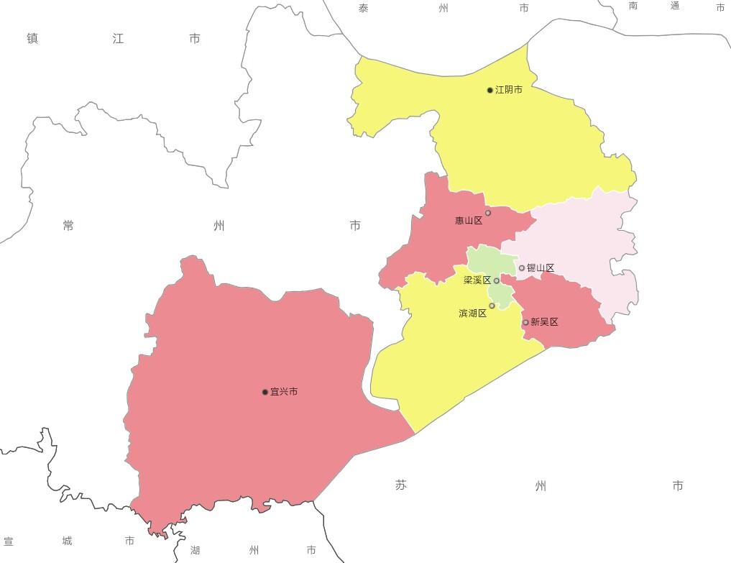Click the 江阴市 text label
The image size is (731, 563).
click(x=509, y=90)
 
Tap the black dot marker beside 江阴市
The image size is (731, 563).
click(x=490, y=90)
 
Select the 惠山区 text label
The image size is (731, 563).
click(x=469, y=221)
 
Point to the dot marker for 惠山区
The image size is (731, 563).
click(x=488, y=213)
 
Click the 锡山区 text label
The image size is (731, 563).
click(x=541, y=268)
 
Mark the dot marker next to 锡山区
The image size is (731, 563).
click(x=522, y=268)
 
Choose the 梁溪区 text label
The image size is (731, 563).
click(x=477, y=280)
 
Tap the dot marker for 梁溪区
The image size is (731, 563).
click(x=497, y=280)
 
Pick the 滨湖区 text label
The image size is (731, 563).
click(x=472, y=313)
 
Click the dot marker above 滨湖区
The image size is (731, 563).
click(x=492, y=306)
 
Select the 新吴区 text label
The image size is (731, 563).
click(x=544, y=322)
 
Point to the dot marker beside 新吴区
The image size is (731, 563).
click(x=525, y=322)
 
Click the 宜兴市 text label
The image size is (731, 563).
click(x=284, y=392)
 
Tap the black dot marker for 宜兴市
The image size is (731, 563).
click(x=265, y=392)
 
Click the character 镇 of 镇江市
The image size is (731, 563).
click(x=32, y=39)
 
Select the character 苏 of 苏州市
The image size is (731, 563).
click(x=401, y=485)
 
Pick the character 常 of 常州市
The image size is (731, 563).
click(x=68, y=226)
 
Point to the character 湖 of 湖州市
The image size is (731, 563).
click(x=196, y=551)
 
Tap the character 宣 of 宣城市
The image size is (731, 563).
click(x=9, y=541)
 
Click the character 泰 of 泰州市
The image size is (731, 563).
click(x=364, y=8)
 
